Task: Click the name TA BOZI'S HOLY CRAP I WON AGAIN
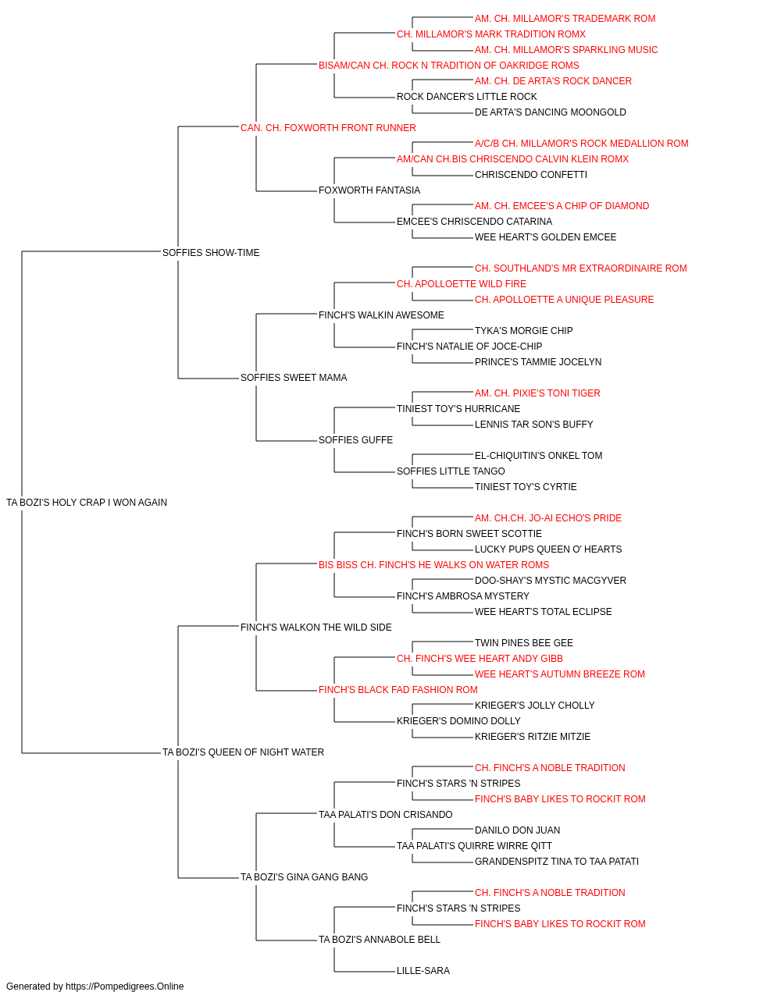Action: (x=87, y=503)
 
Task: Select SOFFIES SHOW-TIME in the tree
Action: (x=211, y=252)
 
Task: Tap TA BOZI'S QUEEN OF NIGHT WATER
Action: (x=243, y=752)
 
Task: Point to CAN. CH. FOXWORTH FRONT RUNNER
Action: (x=328, y=128)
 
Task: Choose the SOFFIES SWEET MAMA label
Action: (x=294, y=378)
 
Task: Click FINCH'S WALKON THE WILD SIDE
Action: (x=316, y=627)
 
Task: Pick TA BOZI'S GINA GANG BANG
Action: (x=304, y=876)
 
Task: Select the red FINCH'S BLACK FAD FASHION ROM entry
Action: (x=398, y=690)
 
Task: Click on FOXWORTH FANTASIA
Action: (x=369, y=190)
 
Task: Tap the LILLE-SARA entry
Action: (x=423, y=970)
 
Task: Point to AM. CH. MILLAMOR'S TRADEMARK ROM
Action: (x=565, y=19)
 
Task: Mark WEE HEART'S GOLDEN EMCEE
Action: (x=545, y=236)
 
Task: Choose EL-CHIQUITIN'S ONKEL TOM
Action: (x=539, y=456)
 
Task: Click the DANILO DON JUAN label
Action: (x=518, y=830)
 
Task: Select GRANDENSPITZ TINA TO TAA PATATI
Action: (x=557, y=861)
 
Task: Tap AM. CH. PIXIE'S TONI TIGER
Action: (x=537, y=393)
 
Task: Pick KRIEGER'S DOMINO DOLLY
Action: (x=458, y=721)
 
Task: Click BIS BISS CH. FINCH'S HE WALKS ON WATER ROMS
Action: (x=433, y=564)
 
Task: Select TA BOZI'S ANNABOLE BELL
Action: (x=380, y=939)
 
